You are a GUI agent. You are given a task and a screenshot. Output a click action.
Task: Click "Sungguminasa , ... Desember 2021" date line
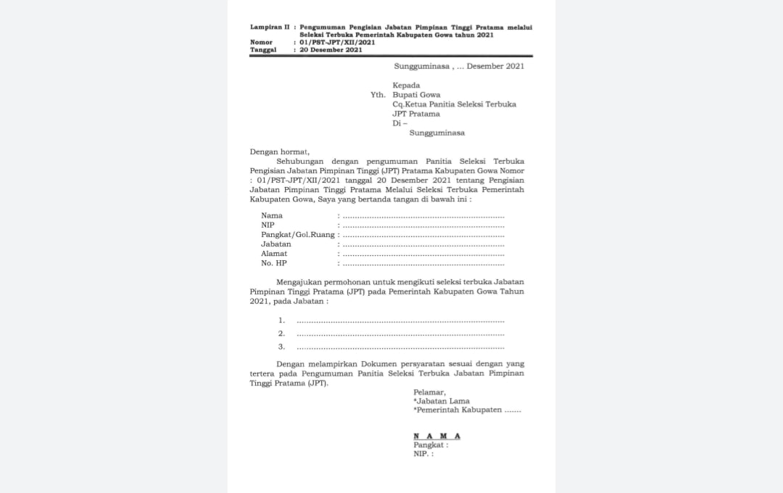tap(454, 66)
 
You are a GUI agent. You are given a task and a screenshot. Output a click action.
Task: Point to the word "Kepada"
tap(406, 85)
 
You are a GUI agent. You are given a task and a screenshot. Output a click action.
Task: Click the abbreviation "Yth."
tap(378, 95)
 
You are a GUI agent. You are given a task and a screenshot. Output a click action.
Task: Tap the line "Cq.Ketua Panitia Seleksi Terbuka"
tap(454, 104)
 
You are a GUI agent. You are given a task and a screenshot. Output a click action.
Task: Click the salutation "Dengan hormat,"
tap(279, 152)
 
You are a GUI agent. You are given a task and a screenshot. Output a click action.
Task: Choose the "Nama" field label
tap(272, 215)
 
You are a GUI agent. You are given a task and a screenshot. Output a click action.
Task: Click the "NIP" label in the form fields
tap(268, 225)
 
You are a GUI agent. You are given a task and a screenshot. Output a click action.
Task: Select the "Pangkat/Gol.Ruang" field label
tap(298, 234)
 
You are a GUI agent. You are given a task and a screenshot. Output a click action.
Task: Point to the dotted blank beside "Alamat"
tap(423, 254)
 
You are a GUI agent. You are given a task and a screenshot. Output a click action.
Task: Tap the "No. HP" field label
tap(274, 263)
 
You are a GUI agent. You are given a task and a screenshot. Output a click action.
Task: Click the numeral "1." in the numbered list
tap(281, 320)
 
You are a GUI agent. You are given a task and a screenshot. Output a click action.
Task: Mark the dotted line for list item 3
tap(400, 347)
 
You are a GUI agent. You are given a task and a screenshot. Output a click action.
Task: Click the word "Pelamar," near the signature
tap(429, 392)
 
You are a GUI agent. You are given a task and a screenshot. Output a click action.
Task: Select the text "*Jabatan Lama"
tap(442, 401)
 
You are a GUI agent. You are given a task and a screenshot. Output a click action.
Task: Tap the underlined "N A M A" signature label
tap(436, 436)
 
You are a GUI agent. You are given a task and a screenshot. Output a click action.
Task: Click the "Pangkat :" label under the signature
tap(431, 444)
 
